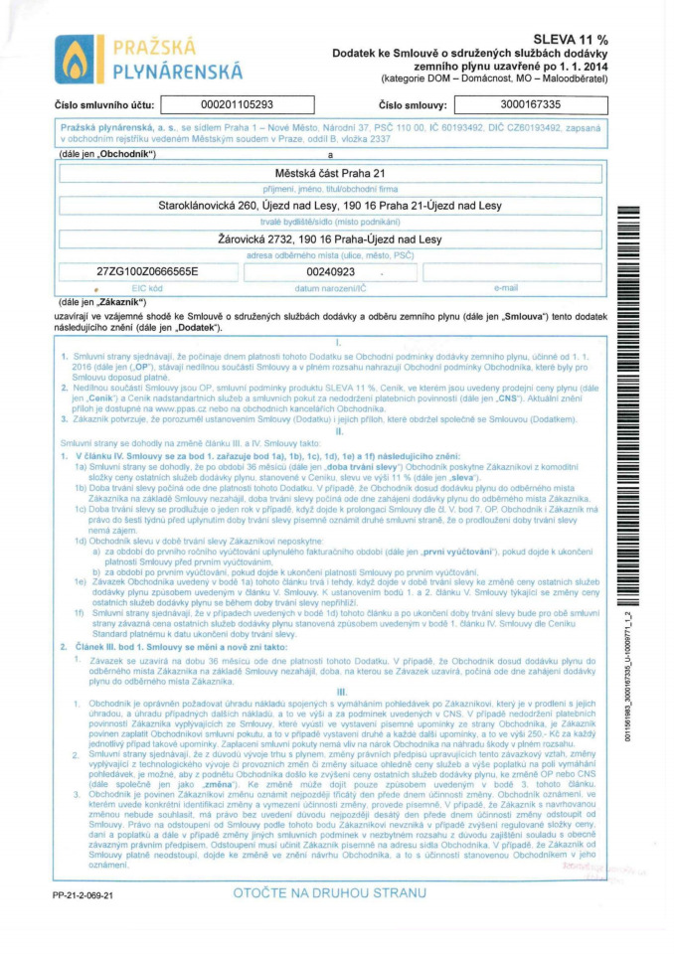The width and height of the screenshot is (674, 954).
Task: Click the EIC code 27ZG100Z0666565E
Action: [147, 271]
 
